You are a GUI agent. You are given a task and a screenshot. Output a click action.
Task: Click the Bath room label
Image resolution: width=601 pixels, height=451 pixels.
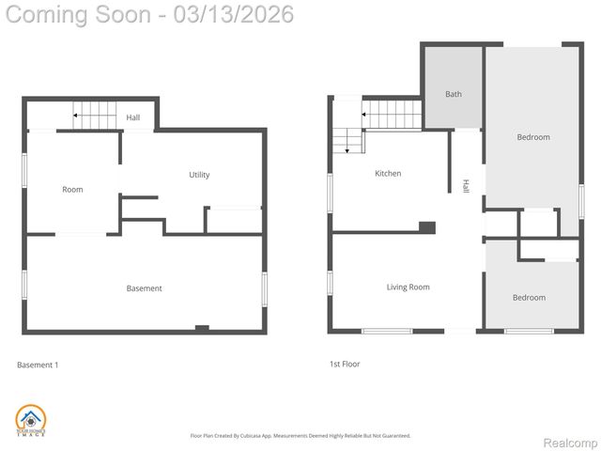[x=454, y=94]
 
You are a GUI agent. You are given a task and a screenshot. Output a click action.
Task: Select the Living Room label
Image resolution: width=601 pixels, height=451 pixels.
[x=408, y=288]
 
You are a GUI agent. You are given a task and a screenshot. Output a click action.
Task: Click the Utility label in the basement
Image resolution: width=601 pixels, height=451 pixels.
[x=199, y=175]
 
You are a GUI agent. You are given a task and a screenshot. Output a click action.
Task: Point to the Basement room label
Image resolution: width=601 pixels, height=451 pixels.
[x=144, y=288]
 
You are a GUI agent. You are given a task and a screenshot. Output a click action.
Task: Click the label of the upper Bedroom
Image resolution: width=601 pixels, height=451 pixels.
[x=532, y=138]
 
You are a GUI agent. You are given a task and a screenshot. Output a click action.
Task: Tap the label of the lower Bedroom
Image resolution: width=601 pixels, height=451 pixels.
[x=529, y=298]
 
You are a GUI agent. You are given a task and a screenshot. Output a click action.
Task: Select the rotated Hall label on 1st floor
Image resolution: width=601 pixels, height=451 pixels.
[x=465, y=186]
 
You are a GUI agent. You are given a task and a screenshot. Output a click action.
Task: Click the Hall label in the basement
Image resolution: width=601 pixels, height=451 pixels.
[x=133, y=117]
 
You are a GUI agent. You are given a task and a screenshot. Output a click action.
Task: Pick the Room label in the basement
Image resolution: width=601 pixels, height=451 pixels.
[x=72, y=190]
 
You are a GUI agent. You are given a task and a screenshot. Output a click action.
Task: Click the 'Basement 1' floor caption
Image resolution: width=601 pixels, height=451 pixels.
[x=38, y=365]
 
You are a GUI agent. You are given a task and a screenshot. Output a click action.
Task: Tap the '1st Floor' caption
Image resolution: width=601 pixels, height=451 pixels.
[x=344, y=364]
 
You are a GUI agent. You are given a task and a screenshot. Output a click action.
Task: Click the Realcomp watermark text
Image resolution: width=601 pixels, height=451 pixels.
[x=571, y=443]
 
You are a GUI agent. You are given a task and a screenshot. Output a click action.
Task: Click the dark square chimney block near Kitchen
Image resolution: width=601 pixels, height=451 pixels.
[x=427, y=226]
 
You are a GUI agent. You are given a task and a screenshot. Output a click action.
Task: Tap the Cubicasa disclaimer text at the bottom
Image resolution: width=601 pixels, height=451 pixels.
[x=300, y=435]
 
